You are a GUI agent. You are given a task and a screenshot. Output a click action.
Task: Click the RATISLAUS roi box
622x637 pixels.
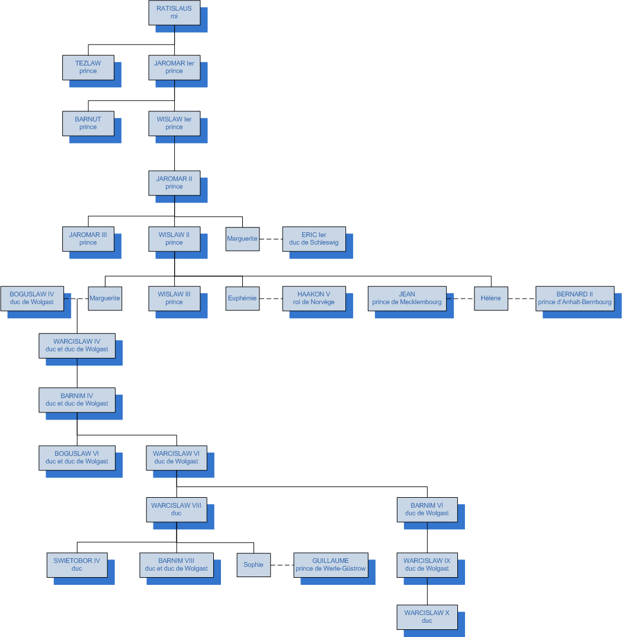[x=174, y=12]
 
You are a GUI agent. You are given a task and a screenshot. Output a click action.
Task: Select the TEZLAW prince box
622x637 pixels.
[x=88, y=67]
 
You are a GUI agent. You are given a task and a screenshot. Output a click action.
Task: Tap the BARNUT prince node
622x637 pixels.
[x=88, y=123]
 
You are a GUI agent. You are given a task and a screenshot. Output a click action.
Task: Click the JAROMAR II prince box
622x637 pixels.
[x=174, y=183]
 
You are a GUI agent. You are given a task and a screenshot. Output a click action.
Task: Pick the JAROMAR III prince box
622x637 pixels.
[x=88, y=239]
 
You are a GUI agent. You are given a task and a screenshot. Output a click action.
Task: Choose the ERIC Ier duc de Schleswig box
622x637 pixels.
[x=314, y=239]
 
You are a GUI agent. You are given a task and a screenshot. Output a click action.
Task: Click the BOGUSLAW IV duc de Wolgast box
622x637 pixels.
[x=32, y=298]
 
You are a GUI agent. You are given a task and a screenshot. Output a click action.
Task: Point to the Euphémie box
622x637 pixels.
[x=242, y=298]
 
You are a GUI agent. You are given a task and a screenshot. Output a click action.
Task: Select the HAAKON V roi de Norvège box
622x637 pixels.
[x=314, y=298]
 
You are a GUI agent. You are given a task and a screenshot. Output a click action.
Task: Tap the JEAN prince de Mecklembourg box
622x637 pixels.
[x=407, y=298]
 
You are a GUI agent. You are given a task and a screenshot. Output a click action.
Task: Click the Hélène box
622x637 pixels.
[x=491, y=298]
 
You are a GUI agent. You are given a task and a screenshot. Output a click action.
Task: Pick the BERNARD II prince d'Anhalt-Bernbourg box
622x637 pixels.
[x=575, y=298]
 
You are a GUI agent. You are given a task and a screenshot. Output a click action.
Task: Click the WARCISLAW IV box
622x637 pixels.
[x=77, y=345]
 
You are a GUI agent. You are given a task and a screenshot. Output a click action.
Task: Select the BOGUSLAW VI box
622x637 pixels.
[x=77, y=457]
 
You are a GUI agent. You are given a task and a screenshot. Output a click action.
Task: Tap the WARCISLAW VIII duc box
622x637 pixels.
[x=177, y=510]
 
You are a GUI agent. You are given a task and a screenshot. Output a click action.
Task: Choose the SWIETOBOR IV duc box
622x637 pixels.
[x=77, y=565]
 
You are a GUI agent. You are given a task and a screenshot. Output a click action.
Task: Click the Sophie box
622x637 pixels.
[x=254, y=565]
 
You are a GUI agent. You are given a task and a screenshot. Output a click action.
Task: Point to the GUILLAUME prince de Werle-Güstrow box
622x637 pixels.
[x=331, y=565]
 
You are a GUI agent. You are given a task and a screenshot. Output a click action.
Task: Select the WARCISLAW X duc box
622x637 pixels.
[x=427, y=617]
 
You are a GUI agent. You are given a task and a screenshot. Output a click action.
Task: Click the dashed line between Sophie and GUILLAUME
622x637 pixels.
[x=282, y=565]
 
